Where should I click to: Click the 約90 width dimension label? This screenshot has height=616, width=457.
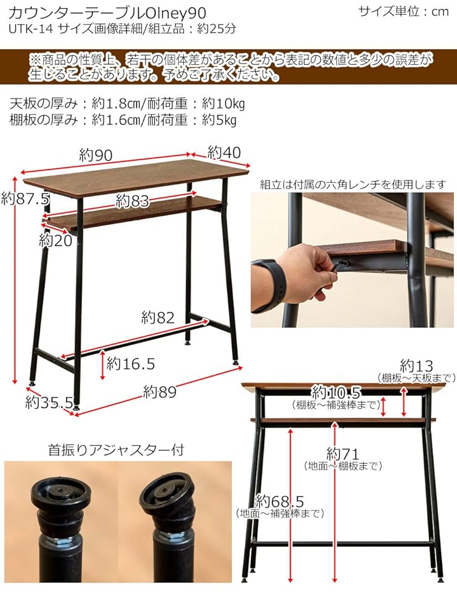click(96, 155)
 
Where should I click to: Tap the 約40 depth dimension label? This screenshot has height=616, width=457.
click(223, 152)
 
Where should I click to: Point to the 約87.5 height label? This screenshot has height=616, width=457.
click(25, 199)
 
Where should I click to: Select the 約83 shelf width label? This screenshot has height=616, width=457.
click(133, 200)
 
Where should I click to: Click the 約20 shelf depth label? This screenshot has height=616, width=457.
click(56, 240)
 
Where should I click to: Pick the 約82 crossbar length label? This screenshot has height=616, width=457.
click(158, 318)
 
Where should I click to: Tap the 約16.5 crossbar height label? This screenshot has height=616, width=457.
click(130, 363)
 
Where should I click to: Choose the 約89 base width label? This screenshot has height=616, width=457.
click(160, 391)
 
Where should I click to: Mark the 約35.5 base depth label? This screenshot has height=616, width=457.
click(49, 403)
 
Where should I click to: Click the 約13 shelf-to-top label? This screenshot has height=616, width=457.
click(417, 365)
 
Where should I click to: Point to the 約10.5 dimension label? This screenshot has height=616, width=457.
click(336, 392)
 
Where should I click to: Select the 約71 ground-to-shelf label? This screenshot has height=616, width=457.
click(343, 455)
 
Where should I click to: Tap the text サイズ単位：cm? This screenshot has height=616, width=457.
click(403, 12)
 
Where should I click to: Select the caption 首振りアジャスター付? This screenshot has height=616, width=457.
click(115, 450)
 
